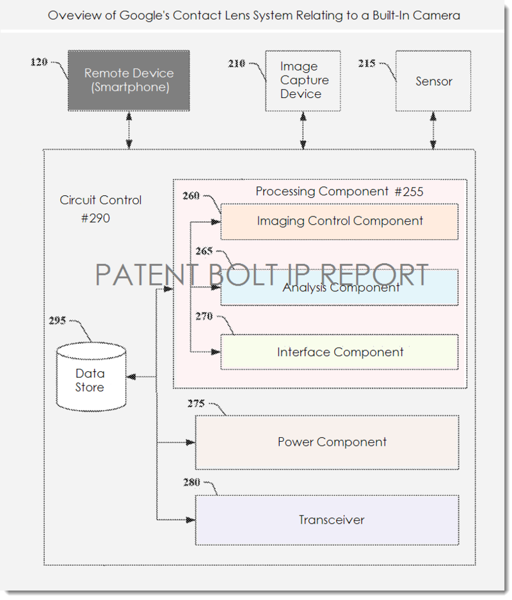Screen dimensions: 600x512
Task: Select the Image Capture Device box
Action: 303,81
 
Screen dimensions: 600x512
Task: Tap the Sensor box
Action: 433,81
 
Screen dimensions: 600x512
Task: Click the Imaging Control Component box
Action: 339,222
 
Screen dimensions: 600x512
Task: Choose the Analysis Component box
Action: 339,288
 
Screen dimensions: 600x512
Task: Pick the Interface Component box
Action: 339,352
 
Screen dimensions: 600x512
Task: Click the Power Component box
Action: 327,442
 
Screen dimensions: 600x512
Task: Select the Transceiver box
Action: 327,519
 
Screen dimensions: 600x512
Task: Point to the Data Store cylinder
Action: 90,380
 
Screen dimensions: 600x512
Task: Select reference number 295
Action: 58,320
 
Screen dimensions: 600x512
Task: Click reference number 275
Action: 196,403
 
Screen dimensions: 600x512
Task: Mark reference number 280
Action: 191,482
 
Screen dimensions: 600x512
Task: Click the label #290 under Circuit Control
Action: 95,218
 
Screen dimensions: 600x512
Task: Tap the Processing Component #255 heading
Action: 339,191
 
